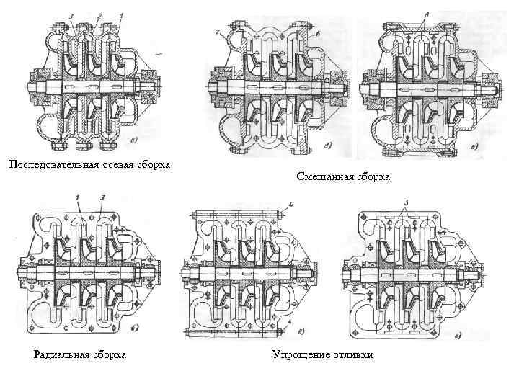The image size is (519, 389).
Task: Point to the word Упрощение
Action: click(x=301, y=354)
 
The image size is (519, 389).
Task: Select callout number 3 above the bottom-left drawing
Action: click(x=102, y=197)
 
